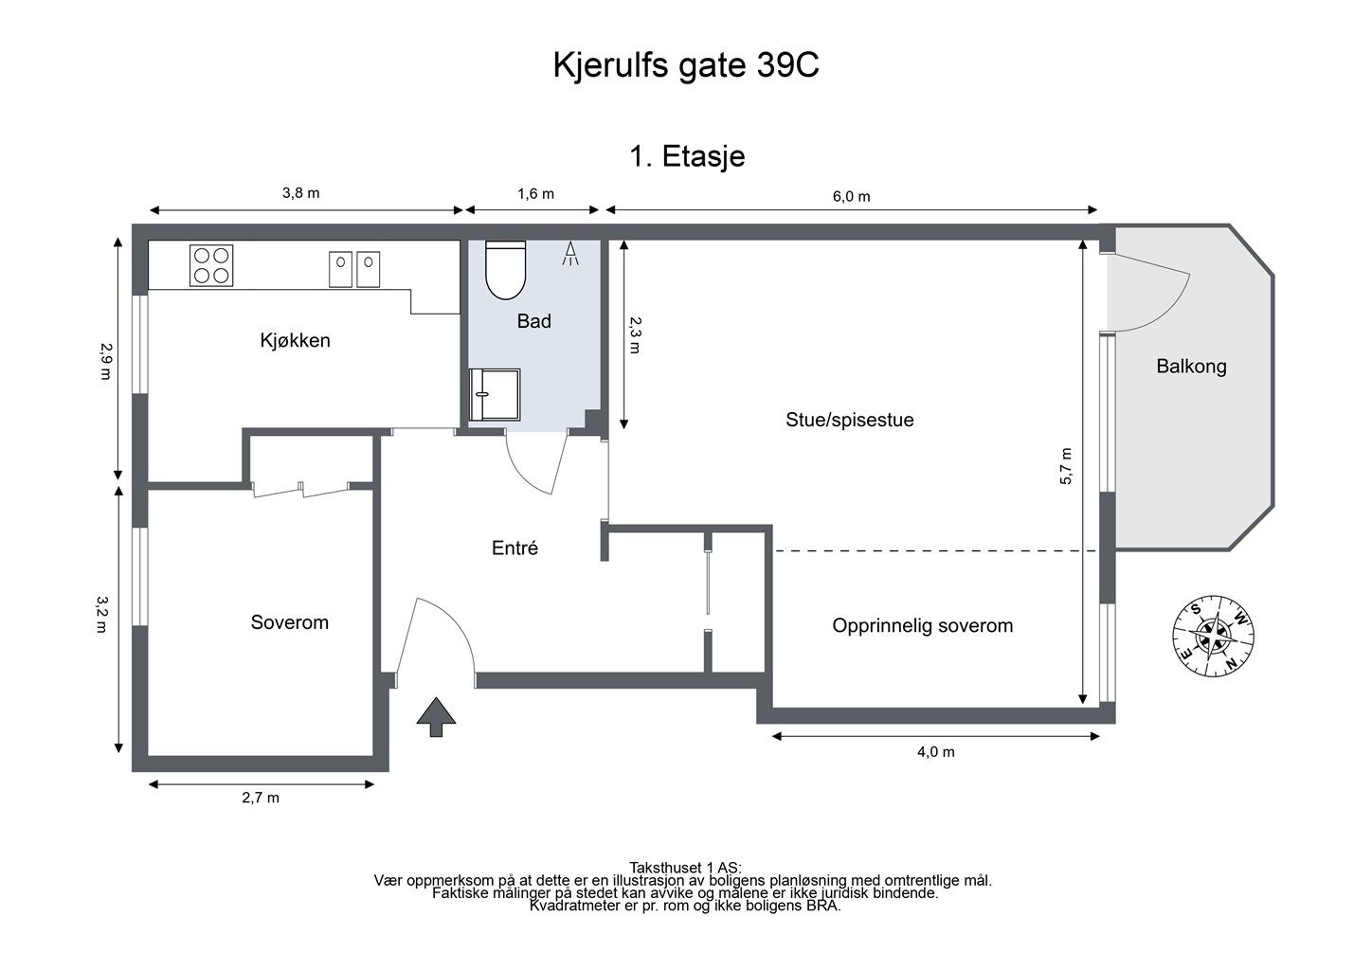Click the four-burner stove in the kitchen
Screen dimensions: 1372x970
click(211, 265)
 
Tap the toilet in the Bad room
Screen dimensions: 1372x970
click(505, 269)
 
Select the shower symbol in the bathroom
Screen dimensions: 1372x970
click(570, 254)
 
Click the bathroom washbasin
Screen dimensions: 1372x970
click(495, 394)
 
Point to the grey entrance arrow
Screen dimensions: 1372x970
click(436, 716)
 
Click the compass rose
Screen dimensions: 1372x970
click(1213, 636)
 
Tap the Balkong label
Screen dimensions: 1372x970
click(1191, 367)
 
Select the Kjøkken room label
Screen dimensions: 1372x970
click(296, 340)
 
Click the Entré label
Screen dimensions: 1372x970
click(514, 548)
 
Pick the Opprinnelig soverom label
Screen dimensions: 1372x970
click(923, 626)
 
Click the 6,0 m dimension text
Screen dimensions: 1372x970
click(852, 197)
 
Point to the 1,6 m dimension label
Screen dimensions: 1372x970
click(535, 194)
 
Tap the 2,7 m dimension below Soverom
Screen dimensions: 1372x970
click(261, 798)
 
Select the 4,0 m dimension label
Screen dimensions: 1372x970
click(935, 752)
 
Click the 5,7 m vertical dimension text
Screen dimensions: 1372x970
click(1066, 466)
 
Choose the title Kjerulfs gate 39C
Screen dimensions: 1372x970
click(686, 65)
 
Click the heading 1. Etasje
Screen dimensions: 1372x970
click(687, 156)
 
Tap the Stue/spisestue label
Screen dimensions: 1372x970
click(850, 420)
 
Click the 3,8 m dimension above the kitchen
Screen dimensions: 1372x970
click(300, 193)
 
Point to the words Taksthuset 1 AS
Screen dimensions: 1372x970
click(685, 868)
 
